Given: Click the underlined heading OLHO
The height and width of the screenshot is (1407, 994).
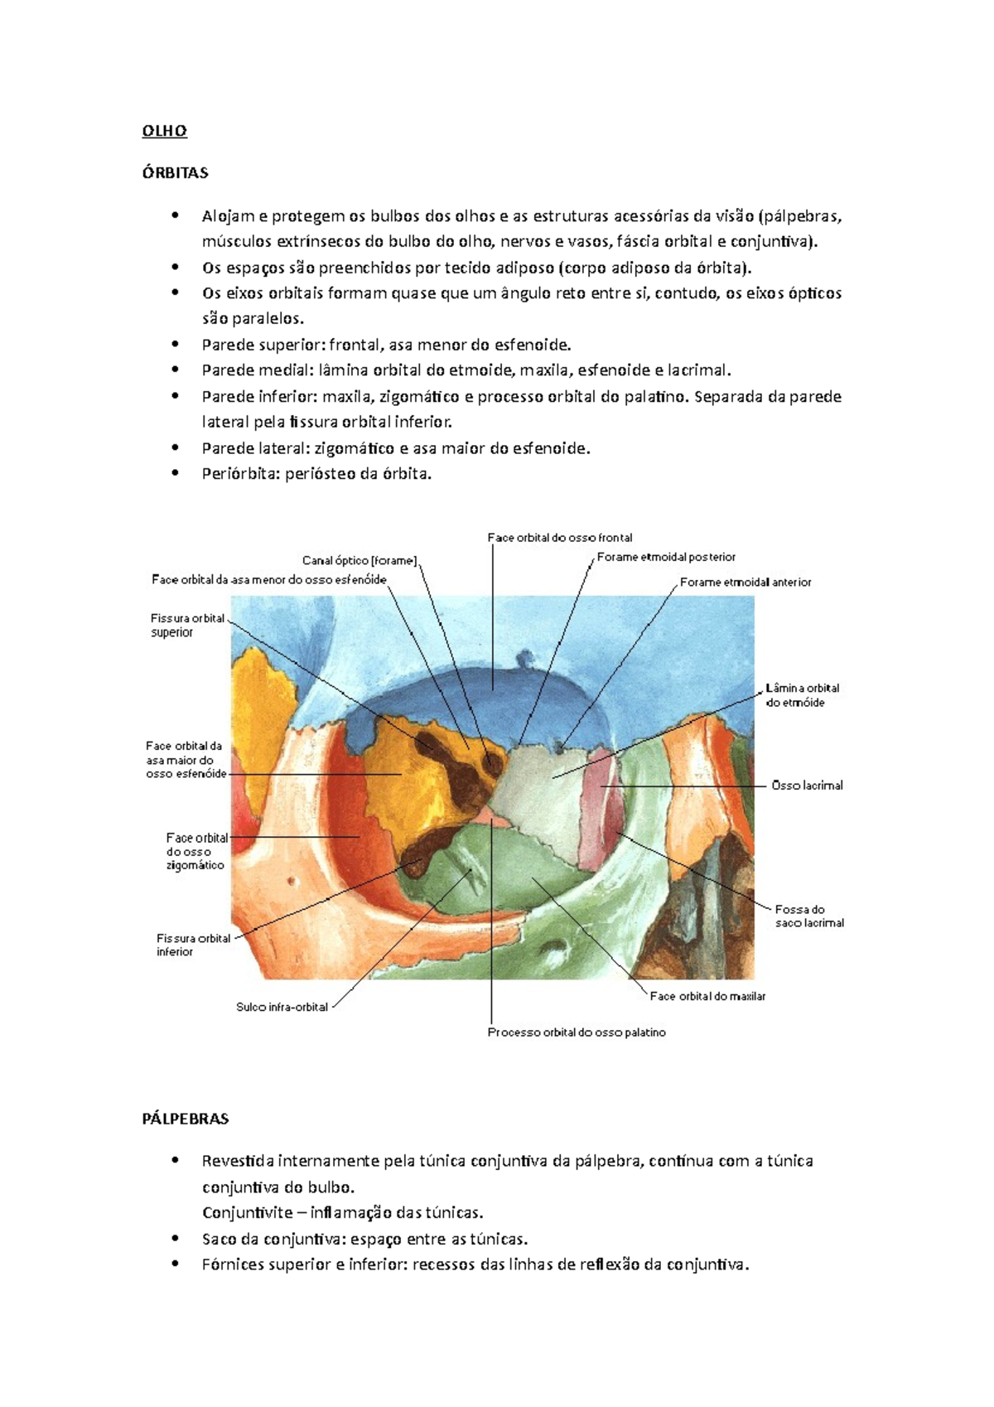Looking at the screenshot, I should (x=164, y=131).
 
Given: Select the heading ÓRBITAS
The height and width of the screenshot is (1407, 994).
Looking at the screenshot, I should (x=175, y=173).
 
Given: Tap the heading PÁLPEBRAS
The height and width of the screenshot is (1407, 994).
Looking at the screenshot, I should (x=185, y=1119).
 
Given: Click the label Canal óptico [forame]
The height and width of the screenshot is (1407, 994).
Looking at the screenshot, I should (x=359, y=561).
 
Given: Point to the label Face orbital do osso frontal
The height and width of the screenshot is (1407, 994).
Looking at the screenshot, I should (x=560, y=538).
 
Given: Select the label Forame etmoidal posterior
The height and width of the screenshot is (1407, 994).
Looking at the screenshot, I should (x=666, y=558).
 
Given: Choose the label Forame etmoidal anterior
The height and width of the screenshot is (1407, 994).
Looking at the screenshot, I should (x=745, y=583).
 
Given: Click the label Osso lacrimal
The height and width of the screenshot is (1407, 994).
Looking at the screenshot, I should (x=807, y=786).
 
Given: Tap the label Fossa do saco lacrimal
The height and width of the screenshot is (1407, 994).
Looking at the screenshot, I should (x=809, y=916).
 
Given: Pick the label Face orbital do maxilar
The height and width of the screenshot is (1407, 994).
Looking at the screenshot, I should (x=707, y=996).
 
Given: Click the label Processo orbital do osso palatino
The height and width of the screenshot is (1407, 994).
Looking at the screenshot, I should (x=577, y=1032).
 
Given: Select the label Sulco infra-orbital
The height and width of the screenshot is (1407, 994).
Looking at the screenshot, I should (x=282, y=1008).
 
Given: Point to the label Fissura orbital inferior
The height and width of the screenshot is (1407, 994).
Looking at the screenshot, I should (x=193, y=945).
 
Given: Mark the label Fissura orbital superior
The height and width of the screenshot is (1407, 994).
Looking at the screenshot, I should (x=187, y=626).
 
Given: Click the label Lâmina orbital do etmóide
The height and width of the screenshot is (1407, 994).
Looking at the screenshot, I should (x=802, y=695).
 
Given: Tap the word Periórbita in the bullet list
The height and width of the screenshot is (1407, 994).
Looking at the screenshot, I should (x=234, y=474).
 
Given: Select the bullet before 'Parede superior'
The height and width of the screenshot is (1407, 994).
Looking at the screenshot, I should (x=175, y=345).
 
